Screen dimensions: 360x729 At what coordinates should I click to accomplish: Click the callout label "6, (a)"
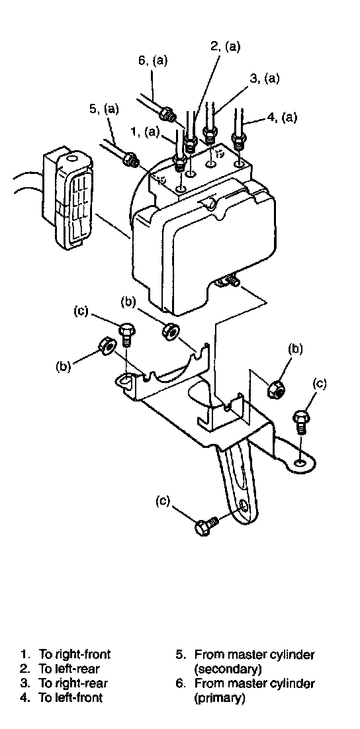click(153, 61)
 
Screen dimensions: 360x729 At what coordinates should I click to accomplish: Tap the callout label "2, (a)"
click(225, 46)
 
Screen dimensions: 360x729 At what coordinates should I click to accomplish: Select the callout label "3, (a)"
click(264, 79)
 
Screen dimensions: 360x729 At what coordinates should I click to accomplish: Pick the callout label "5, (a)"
click(103, 109)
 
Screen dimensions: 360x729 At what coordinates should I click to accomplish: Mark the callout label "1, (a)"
click(145, 132)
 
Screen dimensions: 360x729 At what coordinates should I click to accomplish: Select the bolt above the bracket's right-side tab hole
click(300, 421)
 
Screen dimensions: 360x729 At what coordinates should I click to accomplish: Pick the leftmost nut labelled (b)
click(107, 346)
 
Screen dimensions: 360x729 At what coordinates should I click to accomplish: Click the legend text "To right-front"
click(75, 654)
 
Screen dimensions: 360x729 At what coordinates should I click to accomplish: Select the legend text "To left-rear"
click(69, 668)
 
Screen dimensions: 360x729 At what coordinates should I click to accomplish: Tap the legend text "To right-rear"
click(73, 683)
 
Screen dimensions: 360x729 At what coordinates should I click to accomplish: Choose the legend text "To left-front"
click(71, 697)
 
